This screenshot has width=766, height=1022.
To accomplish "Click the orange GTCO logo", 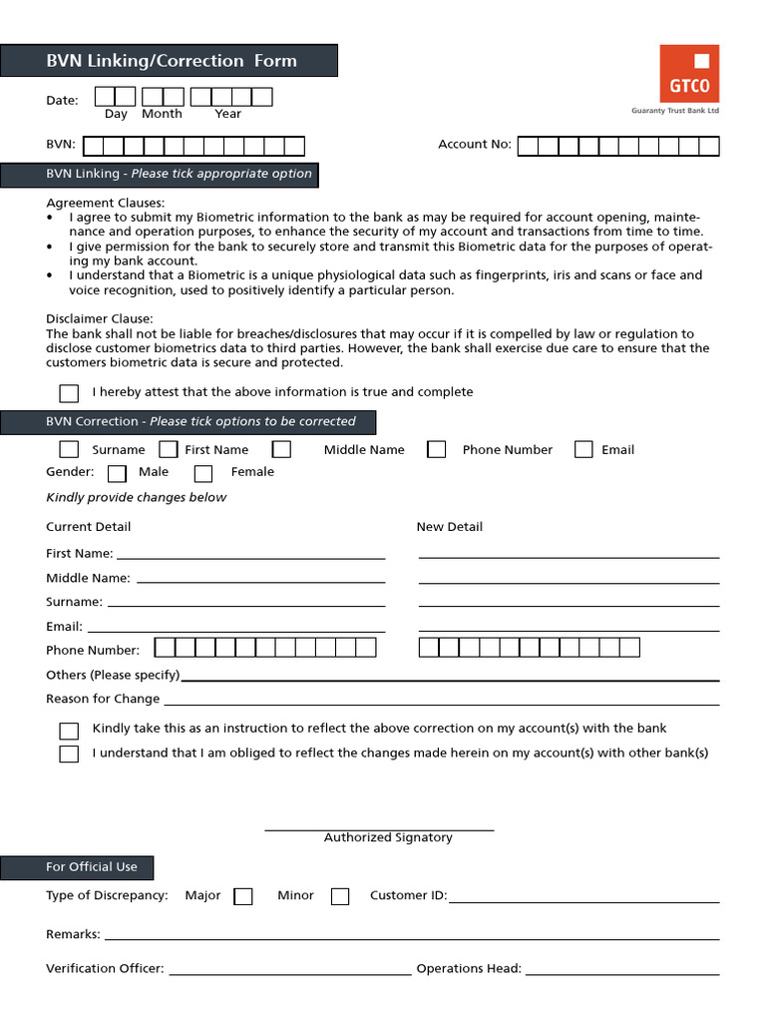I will coord(688,73).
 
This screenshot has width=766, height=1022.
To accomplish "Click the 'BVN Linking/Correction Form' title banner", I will coord(170,61).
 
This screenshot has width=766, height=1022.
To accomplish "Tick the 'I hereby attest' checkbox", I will coord(69,393).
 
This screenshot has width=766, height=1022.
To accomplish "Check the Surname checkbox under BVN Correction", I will coord(69,450).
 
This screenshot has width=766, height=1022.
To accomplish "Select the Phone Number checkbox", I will coord(436,450).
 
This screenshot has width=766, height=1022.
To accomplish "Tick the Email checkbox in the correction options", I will coord(583,450).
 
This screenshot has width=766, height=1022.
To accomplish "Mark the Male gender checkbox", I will coord(117,473).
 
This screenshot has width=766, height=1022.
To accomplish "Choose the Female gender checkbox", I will coord(203,473).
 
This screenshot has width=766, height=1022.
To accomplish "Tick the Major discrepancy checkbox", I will coord(243,896).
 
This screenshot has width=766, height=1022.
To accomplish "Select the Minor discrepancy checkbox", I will coord(340,896).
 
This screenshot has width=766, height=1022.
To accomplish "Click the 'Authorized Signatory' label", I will coord(388,838).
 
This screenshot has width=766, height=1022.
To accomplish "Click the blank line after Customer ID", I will coord(583,898).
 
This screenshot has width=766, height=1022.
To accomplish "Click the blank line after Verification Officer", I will coord(289,970).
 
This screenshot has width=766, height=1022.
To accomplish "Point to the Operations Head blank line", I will coord(621,970).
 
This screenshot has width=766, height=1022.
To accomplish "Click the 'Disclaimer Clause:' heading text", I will coord(100,319).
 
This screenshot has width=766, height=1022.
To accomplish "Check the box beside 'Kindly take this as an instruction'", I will coord(69,730).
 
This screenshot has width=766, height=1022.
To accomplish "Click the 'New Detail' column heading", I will coord(449,527).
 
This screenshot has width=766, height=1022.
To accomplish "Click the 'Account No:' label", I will coord(475,145).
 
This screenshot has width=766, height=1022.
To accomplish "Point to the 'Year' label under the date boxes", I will coord(228,115).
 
